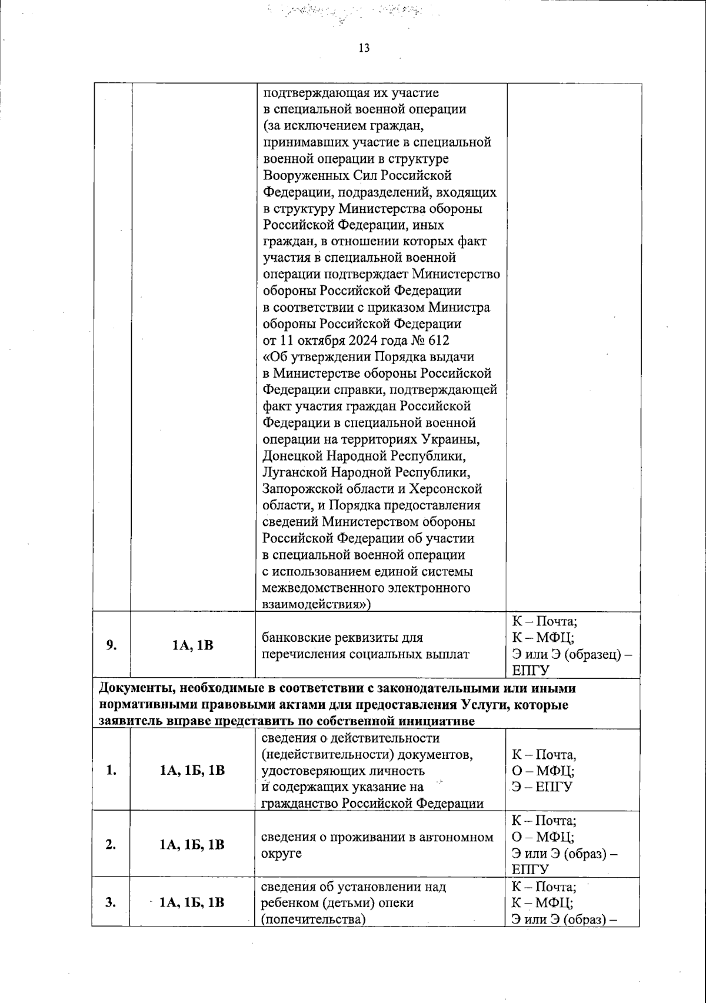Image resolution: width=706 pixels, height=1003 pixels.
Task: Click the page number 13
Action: click(x=364, y=48)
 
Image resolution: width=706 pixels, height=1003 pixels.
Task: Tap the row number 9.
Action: click(x=111, y=645)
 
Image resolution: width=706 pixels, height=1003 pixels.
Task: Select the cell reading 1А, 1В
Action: click(x=193, y=645)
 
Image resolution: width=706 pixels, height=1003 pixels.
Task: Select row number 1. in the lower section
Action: click(x=111, y=770)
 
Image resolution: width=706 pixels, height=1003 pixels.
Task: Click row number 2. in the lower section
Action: click(x=111, y=844)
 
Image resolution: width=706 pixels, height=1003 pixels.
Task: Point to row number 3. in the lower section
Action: click(x=111, y=902)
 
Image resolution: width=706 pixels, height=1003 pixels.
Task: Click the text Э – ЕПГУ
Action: click(x=542, y=787)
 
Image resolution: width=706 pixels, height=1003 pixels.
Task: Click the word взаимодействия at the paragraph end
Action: click(x=315, y=604)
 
